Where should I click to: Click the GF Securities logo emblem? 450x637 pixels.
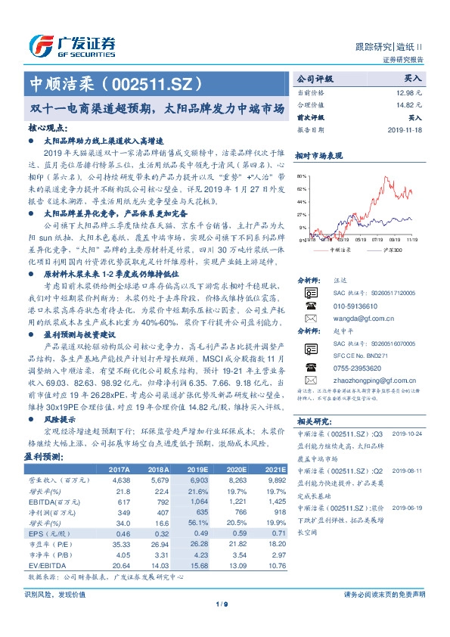pos(39,45)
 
